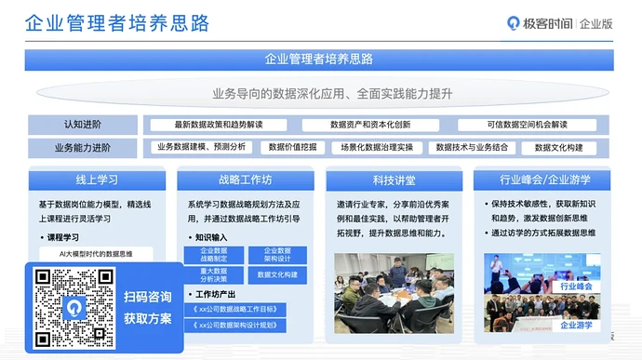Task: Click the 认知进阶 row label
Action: coord(83,125)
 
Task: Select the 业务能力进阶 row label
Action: coord(83,147)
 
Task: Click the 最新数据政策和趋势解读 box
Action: coord(219,125)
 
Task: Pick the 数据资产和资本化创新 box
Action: coord(369,125)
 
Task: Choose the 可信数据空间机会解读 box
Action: coord(527,125)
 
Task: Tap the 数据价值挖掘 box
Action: coord(292,147)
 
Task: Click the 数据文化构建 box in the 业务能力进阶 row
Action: coord(559,147)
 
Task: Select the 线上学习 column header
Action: coord(97,179)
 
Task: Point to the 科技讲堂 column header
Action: coord(395,179)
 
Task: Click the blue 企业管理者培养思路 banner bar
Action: coord(319,59)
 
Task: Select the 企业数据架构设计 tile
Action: coord(277,255)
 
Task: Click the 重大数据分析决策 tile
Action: coord(213,274)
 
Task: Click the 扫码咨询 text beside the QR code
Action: coord(148,297)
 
